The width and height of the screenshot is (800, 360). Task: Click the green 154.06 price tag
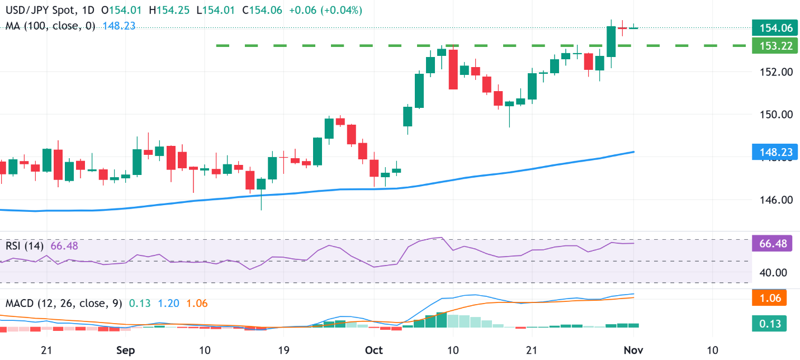click(x=772, y=27)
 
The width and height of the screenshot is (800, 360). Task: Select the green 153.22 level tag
click(x=772, y=46)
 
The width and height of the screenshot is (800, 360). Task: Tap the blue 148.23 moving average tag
click(x=772, y=151)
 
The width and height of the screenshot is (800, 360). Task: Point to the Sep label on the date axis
click(x=126, y=350)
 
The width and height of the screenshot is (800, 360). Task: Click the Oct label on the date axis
click(x=373, y=350)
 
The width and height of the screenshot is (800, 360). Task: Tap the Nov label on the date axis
click(x=633, y=350)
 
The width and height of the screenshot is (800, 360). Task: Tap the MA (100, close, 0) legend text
click(x=51, y=26)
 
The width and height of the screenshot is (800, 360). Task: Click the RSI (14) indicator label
click(x=26, y=246)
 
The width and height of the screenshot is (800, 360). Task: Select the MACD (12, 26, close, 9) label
click(x=64, y=304)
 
